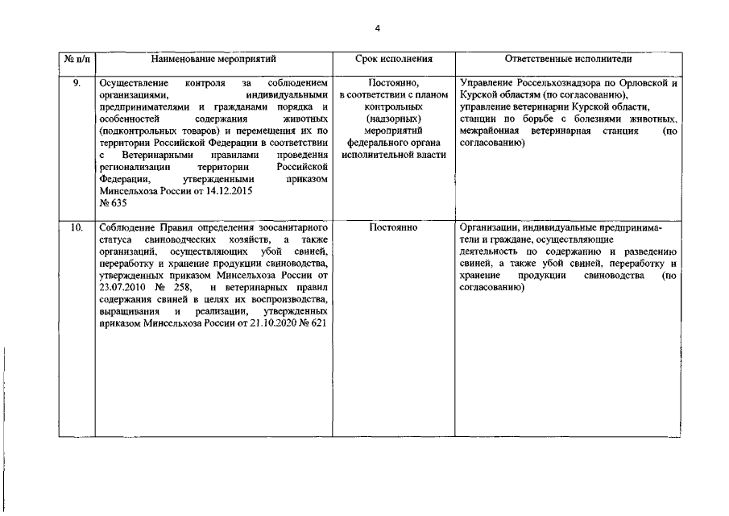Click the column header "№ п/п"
tap(77, 60)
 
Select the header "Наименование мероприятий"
tap(213, 60)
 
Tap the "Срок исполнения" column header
tap(393, 60)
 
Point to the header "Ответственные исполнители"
tap(568, 60)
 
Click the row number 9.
tap(77, 83)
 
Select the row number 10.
tap(77, 228)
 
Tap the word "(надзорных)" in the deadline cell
tap(393, 119)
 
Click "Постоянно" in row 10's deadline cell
tap(393, 228)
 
